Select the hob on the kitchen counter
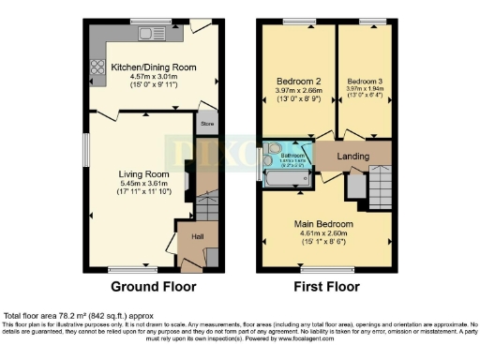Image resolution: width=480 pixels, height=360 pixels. (x=96, y=67)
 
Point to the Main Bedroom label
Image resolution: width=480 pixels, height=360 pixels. (x=327, y=225)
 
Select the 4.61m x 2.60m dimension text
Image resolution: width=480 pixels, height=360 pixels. (x=327, y=234)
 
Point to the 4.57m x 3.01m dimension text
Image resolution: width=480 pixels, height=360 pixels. (x=156, y=78)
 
